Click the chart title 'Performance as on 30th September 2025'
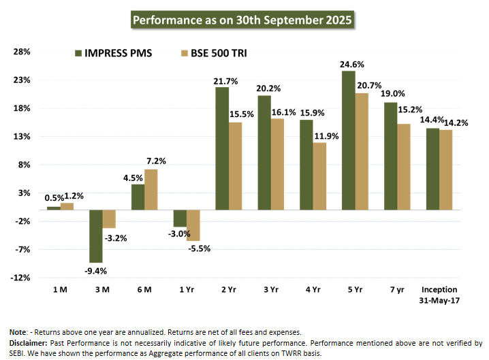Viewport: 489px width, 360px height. pyautogui.click(x=242, y=20)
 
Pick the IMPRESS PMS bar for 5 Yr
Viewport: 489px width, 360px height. pyautogui.click(x=348, y=140)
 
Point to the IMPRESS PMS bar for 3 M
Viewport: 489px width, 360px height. pyautogui.click(x=96, y=236)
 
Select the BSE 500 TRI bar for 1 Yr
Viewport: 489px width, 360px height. pyautogui.click(x=193, y=225)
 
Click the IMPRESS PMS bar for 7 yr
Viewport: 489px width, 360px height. pyautogui.click(x=390, y=156)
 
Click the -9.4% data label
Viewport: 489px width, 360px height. pyautogui.click(x=95, y=270)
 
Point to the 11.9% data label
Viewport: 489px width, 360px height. pyautogui.click(x=324, y=136)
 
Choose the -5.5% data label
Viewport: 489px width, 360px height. pyautogui.click(x=199, y=248)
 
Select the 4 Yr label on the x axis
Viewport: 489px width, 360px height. pyautogui.click(x=313, y=290)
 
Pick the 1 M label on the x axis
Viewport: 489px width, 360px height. pyautogui.click(x=60, y=290)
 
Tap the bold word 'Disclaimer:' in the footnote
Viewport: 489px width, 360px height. pyautogui.click(x=29, y=343)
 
